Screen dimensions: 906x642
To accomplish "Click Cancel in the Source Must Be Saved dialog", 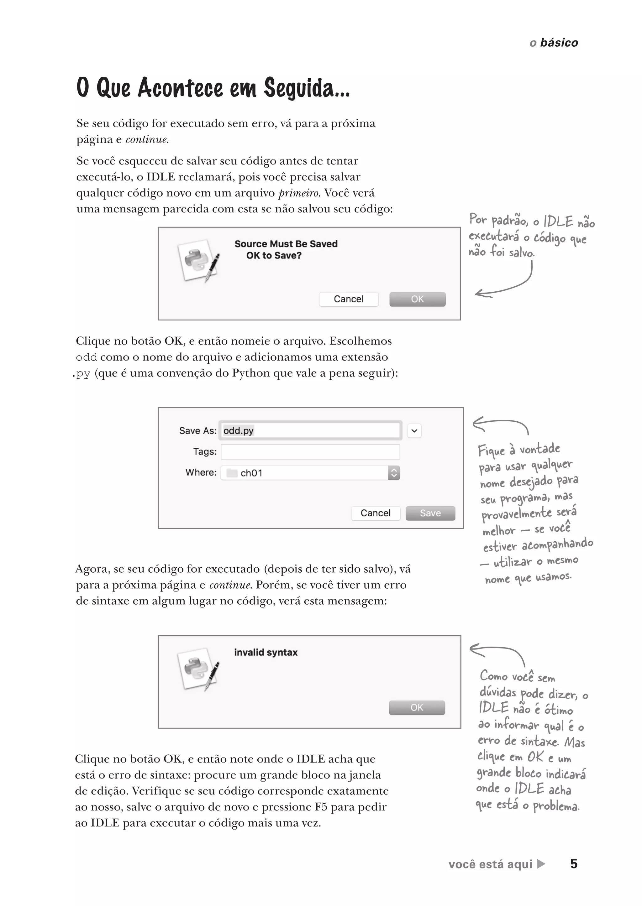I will tap(348, 299).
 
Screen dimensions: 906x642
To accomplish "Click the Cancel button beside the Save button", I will tap(375, 513).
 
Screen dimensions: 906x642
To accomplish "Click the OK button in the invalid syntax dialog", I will tap(417, 707).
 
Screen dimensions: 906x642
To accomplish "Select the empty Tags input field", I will tap(310, 452).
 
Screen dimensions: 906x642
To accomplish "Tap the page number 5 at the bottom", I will tap(574, 864).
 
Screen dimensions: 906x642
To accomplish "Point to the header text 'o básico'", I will tap(554, 43).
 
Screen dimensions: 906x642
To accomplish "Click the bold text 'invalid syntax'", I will tap(266, 652).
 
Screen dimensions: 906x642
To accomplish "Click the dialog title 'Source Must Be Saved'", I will tap(286, 244).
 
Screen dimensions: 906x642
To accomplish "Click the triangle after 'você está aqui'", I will tap(541, 864).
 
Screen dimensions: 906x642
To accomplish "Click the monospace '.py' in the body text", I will tap(82, 373).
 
